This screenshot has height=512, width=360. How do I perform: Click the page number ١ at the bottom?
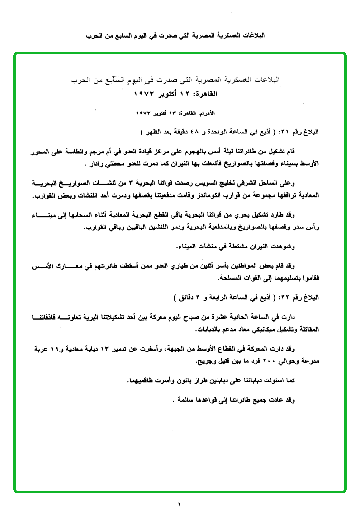(180, 503)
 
